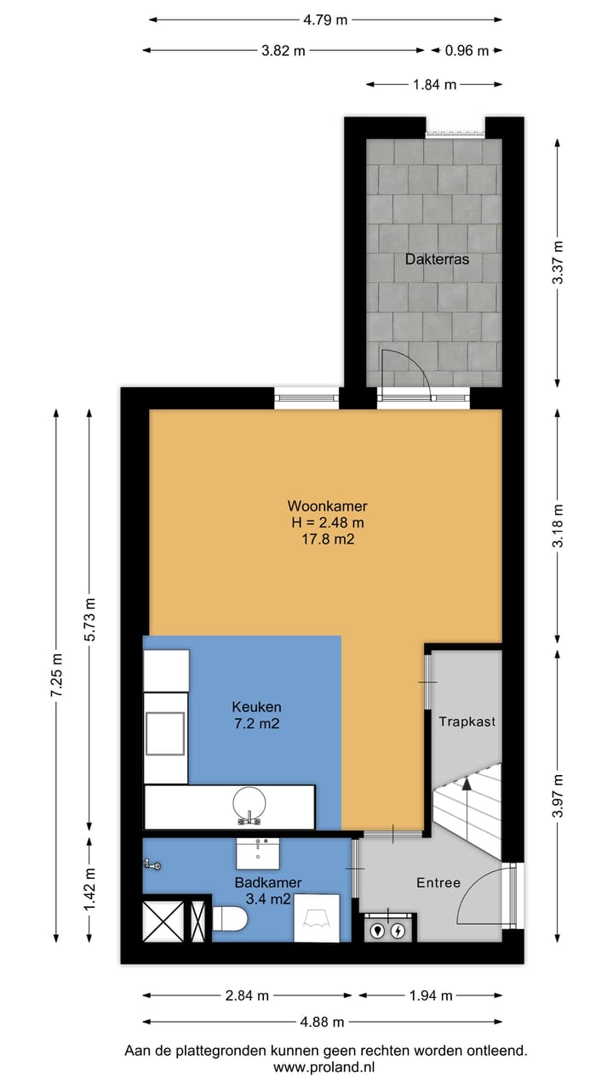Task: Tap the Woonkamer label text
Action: tap(315, 506)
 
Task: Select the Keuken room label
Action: tap(256, 706)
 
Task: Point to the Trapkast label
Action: tap(467, 721)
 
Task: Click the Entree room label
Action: tap(438, 882)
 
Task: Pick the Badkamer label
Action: tap(267, 882)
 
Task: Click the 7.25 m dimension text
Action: tap(56, 676)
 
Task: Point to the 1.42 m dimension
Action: tap(89, 887)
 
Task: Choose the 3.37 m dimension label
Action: tap(558, 264)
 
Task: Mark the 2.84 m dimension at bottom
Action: tap(247, 995)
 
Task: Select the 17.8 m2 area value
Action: tap(315, 538)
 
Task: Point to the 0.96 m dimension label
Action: tap(467, 50)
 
